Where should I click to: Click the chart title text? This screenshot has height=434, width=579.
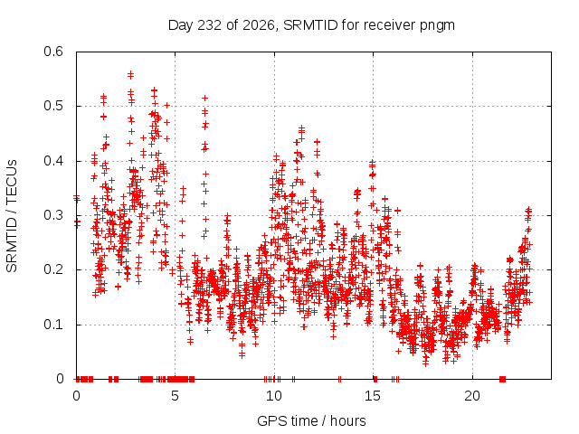[311, 25]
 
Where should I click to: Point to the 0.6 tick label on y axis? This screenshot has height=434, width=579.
[53, 52]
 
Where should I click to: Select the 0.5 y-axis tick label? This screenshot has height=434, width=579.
[53, 106]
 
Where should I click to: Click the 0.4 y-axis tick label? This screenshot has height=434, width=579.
[53, 161]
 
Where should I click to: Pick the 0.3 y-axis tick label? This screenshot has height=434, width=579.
[53, 215]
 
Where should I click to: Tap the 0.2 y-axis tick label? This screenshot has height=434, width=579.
[53, 269]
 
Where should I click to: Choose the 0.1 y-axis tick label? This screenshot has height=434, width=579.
[53, 325]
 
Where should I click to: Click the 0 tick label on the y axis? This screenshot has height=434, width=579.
[61, 379]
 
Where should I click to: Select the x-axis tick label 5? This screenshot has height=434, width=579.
[175, 396]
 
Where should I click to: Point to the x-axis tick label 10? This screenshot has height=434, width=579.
[274, 396]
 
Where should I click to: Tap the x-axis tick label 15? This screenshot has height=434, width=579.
[373, 396]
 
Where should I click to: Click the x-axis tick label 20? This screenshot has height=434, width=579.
[472, 396]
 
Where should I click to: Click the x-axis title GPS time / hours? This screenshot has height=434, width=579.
[311, 421]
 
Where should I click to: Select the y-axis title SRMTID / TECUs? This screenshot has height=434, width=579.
[12, 216]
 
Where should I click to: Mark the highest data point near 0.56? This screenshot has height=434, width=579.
[130, 75]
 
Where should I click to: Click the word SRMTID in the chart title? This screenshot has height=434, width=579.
[310, 25]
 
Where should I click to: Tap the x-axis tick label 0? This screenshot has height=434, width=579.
[76, 396]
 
